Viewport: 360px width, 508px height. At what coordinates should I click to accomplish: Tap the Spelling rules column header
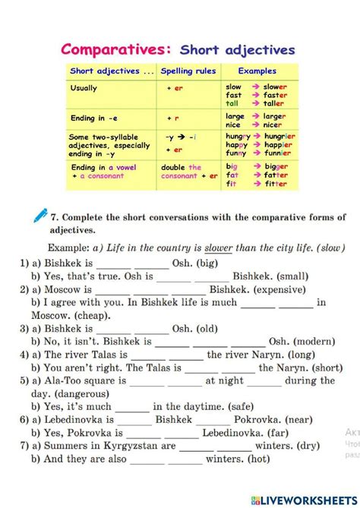click(188, 71)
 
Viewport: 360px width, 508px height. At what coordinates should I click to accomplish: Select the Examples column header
click(257, 71)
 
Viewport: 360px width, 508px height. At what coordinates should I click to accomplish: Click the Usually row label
click(84, 88)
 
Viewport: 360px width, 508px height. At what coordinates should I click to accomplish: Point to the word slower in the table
click(275, 86)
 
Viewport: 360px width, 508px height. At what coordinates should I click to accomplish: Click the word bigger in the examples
click(276, 165)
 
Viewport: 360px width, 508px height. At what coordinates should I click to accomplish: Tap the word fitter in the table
click(275, 183)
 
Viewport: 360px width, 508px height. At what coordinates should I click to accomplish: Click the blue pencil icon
click(40, 216)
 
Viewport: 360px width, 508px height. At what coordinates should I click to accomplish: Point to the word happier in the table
click(277, 144)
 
